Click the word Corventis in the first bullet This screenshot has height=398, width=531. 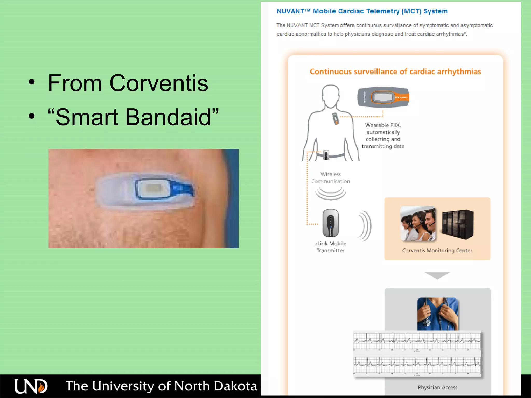(x=159, y=83)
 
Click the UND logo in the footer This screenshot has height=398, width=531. (x=31, y=386)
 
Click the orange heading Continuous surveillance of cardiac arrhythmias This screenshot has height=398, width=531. (x=395, y=72)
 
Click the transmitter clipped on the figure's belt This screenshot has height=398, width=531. (x=326, y=155)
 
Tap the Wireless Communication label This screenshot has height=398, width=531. (x=330, y=178)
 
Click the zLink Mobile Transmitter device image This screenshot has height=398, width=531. (x=330, y=223)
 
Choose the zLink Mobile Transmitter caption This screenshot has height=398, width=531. (x=330, y=247)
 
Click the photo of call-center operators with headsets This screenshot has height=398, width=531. (x=418, y=223)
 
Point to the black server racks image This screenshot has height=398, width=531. (x=458, y=224)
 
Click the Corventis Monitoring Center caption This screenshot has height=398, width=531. (x=437, y=251)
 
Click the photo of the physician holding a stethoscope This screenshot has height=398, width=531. (x=437, y=314)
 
